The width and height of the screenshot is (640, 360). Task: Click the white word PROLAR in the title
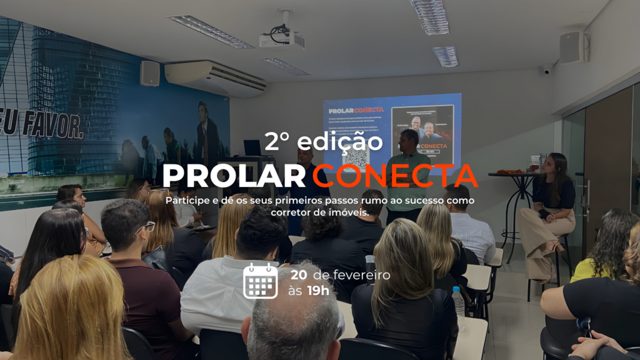pos(236,176)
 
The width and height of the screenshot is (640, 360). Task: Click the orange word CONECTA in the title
pos(395,176)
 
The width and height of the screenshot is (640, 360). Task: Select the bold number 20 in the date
pos(298,275)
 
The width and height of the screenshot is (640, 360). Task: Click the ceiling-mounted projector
pos(282,39)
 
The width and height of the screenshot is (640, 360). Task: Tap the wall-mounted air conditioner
pos(215,78)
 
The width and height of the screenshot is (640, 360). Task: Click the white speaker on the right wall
pos(571,47)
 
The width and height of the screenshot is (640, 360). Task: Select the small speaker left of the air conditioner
pos(150,73)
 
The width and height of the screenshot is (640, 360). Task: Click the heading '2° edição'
pos(323,141)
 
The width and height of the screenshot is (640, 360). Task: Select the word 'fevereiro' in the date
pos(361,275)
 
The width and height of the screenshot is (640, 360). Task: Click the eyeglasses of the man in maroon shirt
pos(146,227)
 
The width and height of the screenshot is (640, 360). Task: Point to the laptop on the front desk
pos(252,148)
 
